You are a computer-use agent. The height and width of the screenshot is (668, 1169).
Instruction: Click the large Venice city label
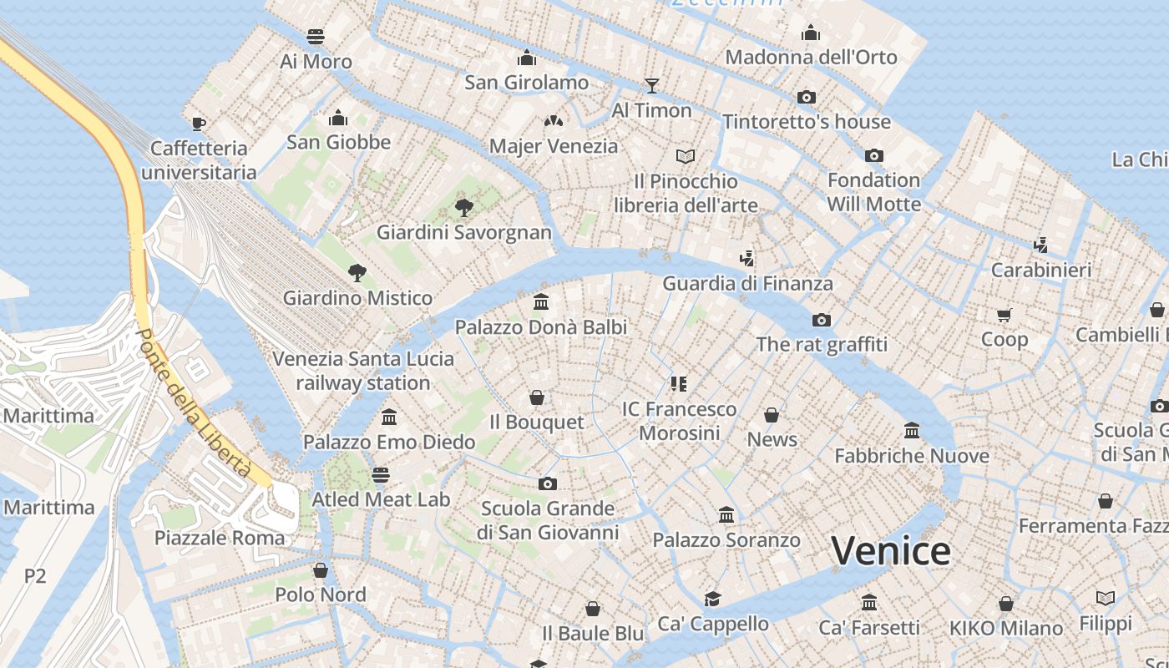891,551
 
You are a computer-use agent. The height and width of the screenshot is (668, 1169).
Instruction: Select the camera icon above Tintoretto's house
806,97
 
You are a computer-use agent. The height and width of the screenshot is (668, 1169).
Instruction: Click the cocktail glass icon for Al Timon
652,85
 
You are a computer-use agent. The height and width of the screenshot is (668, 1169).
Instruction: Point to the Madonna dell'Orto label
811,58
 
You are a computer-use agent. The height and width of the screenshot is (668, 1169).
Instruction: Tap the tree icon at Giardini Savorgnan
463,207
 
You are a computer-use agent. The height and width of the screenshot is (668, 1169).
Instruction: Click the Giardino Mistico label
357,298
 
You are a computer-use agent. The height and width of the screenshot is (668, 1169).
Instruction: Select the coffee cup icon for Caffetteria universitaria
198,124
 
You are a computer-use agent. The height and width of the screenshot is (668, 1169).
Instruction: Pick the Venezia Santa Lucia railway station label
363,371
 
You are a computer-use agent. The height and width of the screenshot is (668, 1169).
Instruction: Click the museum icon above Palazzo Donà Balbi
540,301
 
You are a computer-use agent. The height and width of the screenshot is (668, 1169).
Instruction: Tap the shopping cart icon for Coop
1004,315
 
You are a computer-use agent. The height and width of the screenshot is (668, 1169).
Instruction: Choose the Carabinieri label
1040,271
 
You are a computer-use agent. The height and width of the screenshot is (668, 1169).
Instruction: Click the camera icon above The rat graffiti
822,320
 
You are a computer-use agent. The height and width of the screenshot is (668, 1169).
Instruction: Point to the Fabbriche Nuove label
912,456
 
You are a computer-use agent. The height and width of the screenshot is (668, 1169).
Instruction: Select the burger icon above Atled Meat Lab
381,475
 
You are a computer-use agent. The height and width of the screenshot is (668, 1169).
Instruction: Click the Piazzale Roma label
220,538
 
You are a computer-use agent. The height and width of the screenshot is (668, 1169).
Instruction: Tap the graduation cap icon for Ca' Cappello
712,599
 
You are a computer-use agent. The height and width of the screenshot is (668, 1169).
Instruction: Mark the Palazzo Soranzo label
726,540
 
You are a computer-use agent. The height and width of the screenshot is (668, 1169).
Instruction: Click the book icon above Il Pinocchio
686,156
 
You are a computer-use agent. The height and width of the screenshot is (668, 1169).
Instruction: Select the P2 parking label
35,575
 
